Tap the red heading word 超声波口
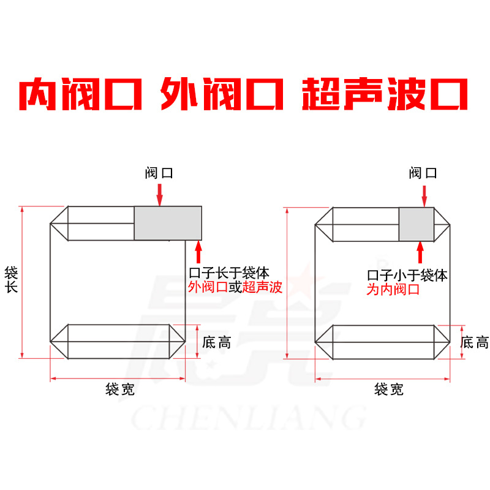(386, 94)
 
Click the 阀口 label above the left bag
(159, 173)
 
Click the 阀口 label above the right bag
(423, 173)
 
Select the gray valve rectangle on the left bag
(168, 223)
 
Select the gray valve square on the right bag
(416, 224)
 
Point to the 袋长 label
(11, 279)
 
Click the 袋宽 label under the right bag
(389, 389)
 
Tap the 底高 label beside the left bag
(216, 342)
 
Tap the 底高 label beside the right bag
(475, 342)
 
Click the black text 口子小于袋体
(407, 276)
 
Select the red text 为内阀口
(393, 290)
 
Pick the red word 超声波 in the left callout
(263, 288)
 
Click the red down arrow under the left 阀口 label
(160, 195)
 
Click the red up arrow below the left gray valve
(198, 252)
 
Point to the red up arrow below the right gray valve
(421, 252)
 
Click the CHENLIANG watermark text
(248, 419)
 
